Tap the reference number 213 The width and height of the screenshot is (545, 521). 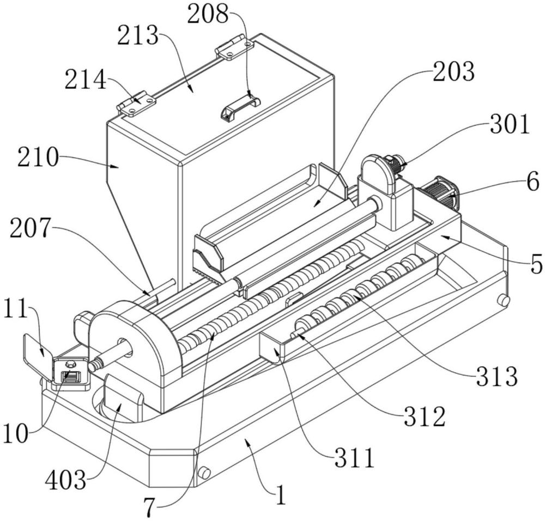[138, 37]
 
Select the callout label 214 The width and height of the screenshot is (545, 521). [85, 80]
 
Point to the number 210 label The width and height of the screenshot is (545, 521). [38, 158]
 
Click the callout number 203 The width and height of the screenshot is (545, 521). [453, 72]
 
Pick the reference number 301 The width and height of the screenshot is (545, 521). [510, 124]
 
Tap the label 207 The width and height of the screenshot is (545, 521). [31, 228]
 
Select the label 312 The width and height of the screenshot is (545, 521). [425, 417]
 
